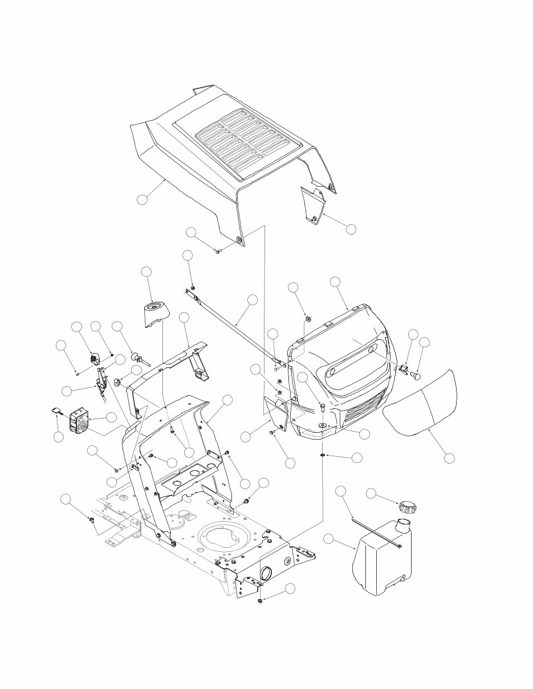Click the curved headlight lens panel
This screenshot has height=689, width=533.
coord(422,403)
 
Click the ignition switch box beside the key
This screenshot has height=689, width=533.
coord(80,422)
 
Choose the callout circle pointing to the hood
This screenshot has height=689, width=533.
coord(143,199)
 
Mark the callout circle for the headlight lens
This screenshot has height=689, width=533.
coord(449,457)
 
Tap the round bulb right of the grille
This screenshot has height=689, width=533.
coord(417,376)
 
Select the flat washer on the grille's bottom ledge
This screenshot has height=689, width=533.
coord(322,425)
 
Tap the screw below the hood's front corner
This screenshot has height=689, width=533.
coord(217,251)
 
